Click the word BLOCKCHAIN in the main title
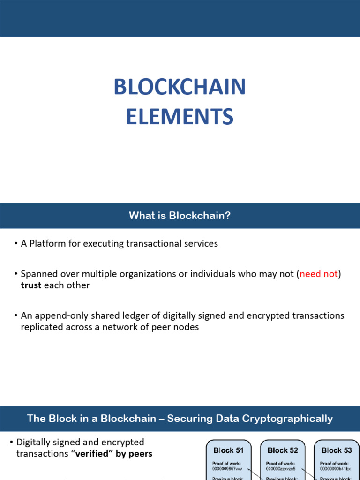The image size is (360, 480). (x=180, y=88)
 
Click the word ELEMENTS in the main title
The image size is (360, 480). (x=180, y=116)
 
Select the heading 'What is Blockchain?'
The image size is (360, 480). (x=180, y=216)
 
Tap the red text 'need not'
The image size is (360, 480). (x=319, y=274)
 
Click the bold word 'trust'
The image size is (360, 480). (x=31, y=285)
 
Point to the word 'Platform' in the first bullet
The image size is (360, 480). (x=47, y=244)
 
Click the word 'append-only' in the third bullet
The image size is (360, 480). (x=56, y=315)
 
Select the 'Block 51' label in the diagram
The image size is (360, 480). (x=228, y=450)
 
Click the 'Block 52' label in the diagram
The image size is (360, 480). (x=283, y=450)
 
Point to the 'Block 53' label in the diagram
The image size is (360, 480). (x=337, y=450)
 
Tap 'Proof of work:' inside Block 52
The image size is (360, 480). (x=281, y=463)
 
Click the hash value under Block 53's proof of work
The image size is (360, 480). (x=335, y=468)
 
